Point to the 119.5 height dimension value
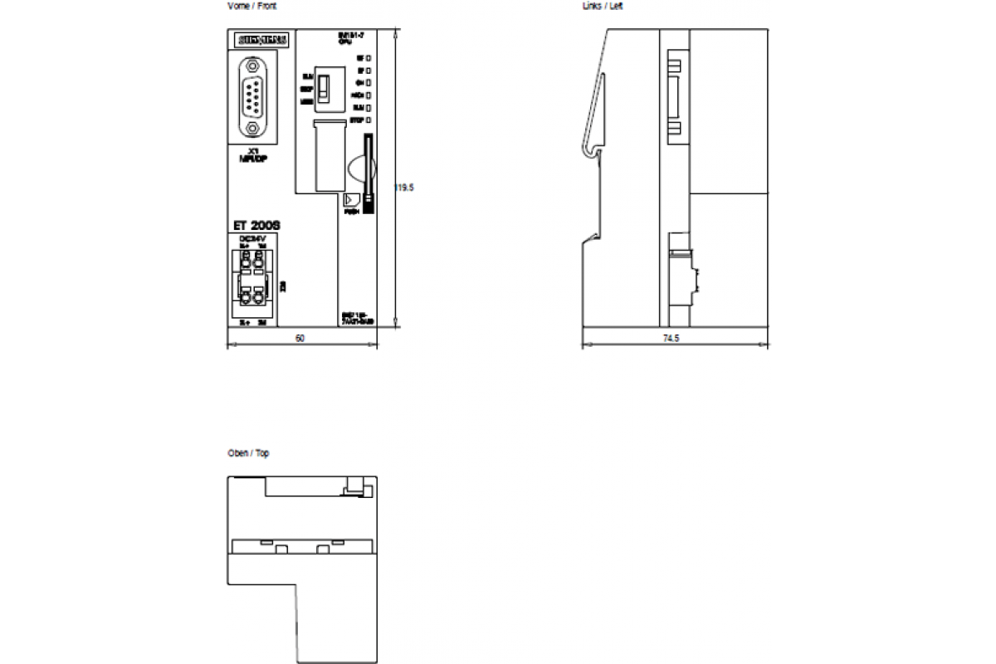coord(404,188)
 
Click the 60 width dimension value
coord(300,339)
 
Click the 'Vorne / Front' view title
coord(251,7)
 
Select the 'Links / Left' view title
coord(603,7)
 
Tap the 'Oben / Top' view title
coord(248,453)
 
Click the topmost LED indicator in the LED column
coord(368,58)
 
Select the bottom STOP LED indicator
coord(368,120)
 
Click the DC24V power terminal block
coord(252,282)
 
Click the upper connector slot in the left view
coord(676,91)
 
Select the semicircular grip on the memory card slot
coord(356,166)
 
